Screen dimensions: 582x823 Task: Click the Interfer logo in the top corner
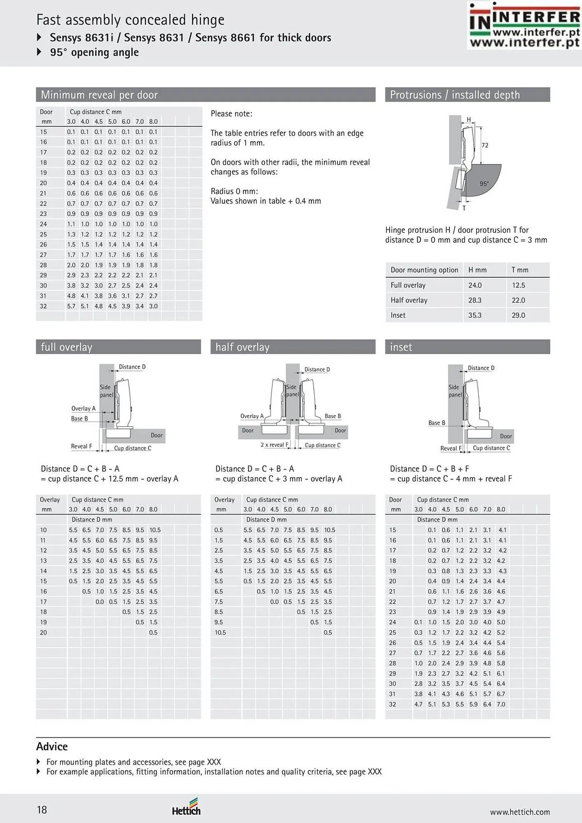[x=524, y=25]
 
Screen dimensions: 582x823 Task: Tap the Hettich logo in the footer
[x=186, y=807]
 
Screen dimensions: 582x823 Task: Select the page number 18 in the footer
[x=42, y=810]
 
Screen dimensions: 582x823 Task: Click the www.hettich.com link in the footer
[x=520, y=812]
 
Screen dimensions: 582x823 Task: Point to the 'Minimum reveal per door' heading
[x=99, y=95]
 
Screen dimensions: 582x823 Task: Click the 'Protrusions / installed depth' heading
[x=455, y=95]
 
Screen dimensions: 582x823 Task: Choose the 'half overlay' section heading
[x=242, y=347]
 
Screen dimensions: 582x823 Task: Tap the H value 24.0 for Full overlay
[x=475, y=285]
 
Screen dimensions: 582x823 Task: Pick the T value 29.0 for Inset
[x=518, y=315]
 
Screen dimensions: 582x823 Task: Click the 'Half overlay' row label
[x=409, y=300]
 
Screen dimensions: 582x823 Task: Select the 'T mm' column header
[x=520, y=270]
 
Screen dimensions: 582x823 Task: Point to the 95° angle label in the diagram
[x=484, y=184]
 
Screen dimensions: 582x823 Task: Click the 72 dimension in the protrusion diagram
[x=485, y=145]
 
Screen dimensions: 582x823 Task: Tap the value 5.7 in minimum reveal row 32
[x=71, y=306]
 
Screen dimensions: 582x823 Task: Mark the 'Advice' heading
[x=52, y=746]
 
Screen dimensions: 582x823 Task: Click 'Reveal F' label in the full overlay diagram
[x=81, y=446]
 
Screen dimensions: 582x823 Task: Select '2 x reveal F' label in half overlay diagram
[x=275, y=445]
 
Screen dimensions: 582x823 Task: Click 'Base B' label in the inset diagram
[x=437, y=423]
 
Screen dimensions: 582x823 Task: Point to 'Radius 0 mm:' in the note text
[x=234, y=191]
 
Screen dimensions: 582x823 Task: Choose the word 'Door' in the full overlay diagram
[x=156, y=435]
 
